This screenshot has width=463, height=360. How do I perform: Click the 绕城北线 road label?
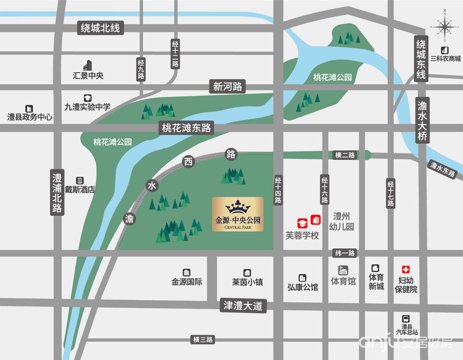[x=100, y=28]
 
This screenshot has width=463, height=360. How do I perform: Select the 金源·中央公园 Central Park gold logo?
[x=238, y=215]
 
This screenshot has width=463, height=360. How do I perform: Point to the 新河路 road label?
[x=227, y=86]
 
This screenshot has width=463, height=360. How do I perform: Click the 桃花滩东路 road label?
[x=187, y=128]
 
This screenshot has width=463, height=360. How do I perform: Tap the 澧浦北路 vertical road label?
[x=57, y=193]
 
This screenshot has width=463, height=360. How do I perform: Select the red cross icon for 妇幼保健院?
[x=406, y=269]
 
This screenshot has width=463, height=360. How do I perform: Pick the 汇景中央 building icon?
[x=88, y=66]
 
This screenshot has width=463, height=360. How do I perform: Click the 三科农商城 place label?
[x=445, y=59]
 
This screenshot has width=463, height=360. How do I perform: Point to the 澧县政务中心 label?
[x=30, y=117]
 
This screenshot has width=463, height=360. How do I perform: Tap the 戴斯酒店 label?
[x=80, y=189]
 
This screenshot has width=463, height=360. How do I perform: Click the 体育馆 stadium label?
[x=343, y=281]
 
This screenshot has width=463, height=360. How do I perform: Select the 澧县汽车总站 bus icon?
[x=406, y=318]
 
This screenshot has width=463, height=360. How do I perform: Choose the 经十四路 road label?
[x=278, y=190]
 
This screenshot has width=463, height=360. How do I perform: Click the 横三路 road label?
[x=203, y=340]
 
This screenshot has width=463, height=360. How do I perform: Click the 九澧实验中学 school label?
[x=88, y=107]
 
